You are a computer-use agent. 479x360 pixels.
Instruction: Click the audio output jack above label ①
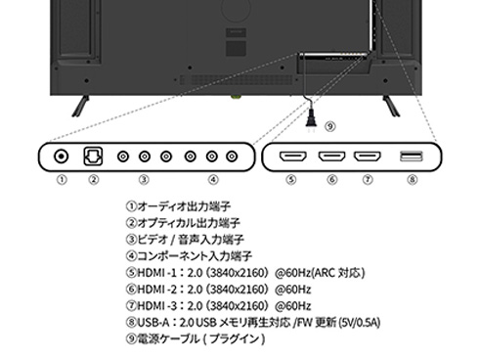click(63, 156)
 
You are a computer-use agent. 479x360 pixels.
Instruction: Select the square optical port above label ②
click(93, 156)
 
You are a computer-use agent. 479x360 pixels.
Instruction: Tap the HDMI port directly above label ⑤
click(291, 156)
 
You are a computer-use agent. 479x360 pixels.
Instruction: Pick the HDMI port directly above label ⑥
click(330, 156)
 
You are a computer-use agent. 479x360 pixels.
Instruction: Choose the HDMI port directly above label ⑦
click(367, 156)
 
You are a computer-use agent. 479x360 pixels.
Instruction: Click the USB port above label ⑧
click(413, 156)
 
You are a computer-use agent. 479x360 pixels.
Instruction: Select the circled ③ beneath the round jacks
click(143, 180)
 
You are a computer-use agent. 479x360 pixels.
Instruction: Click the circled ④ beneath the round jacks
click(212, 180)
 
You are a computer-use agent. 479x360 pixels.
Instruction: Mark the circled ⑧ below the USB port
click(412, 180)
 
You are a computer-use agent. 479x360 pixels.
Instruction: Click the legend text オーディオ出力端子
click(182, 208)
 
